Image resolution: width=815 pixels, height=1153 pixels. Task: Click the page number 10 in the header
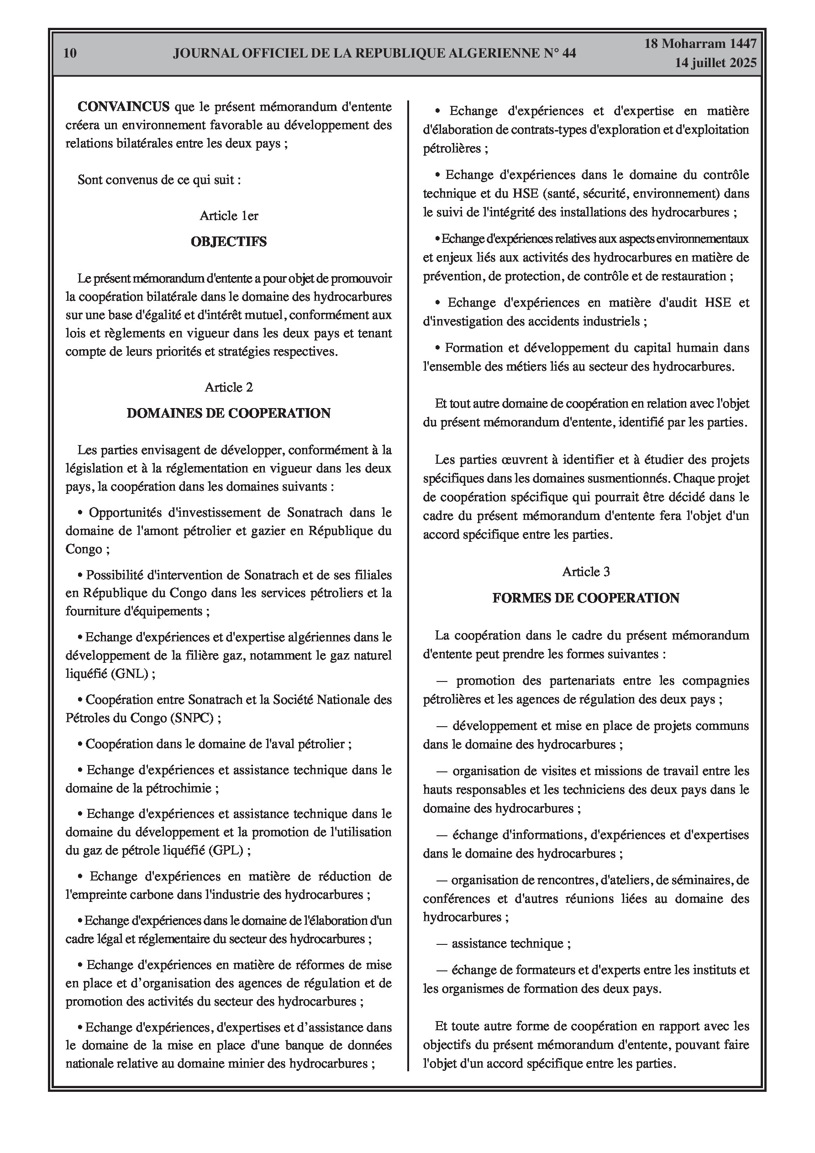tap(70, 53)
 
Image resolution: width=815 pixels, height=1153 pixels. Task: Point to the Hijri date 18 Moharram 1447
tap(700, 44)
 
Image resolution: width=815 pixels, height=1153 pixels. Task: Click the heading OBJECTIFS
tap(229, 241)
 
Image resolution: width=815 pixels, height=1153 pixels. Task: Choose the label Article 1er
tap(229, 216)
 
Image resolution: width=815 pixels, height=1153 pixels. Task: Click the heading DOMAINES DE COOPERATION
tap(229, 413)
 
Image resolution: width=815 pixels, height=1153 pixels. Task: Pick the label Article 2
tap(229, 387)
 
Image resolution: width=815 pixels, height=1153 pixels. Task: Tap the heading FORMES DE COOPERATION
tap(586, 598)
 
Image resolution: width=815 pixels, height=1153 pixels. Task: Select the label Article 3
tap(586, 572)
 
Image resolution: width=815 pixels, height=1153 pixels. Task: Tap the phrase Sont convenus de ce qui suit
tap(159, 180)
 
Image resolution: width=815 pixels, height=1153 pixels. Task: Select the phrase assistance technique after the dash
tap(507, 943)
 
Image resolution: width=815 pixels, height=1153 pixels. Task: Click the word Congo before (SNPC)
tap(137, 718)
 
